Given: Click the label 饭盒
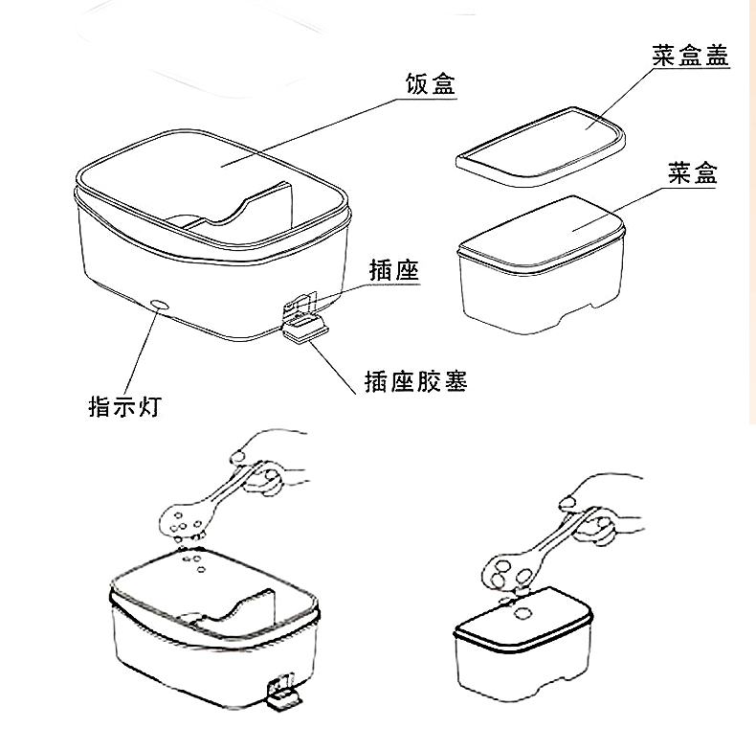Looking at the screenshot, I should coord(427,84).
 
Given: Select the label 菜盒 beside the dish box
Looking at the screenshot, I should coord(691,173).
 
